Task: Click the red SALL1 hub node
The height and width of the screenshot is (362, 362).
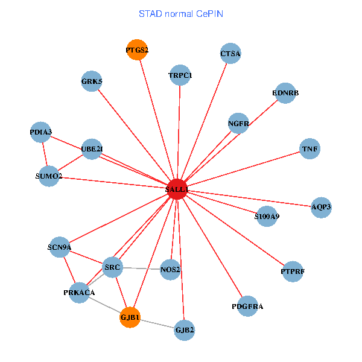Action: pyautogui.click(x=177, y=189)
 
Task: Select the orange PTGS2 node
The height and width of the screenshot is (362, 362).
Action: pyautogui.click(x=138, y=49)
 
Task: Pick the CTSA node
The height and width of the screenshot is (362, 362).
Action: pyautogui.click(x=230, y=54)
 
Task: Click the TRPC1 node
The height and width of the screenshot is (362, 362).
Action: pyautogui.click(x=180, y=75)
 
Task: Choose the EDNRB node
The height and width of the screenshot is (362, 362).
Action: pyautogui.click(x=285, y=93)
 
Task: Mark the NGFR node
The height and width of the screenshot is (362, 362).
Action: pyautogui.click(x=239, y=124)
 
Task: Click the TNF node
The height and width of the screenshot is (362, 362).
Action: pyautogui.click(x=310, y=148)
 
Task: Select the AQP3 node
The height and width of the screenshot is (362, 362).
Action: pyautogui.click(x=321, y=207)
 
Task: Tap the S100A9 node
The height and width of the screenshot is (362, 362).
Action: pyautogui.click(x=267, y=216)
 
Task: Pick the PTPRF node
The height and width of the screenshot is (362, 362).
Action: pyautogui.click(x=293, y=272)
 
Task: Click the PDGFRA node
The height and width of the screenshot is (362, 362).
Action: pyautogui.click(x=247, y=306)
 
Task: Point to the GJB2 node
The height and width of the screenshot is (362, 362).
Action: pyautogui.click(x=185, y=330)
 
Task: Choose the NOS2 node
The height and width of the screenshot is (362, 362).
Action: pyautogui.click(x=171, y=270)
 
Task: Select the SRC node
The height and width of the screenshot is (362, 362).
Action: pyautogui.click(x=112, y=266)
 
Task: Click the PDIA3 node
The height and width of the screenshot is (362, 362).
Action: pyautogui.click(x=41, y=132)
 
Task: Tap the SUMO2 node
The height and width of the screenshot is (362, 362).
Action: pyautogui.click(x=48, y=176)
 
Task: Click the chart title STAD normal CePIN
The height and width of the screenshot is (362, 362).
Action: pyautogui.click(x=181, y=13)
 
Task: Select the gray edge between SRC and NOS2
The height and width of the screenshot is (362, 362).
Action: pyautogui.click(x=142, y=268)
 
